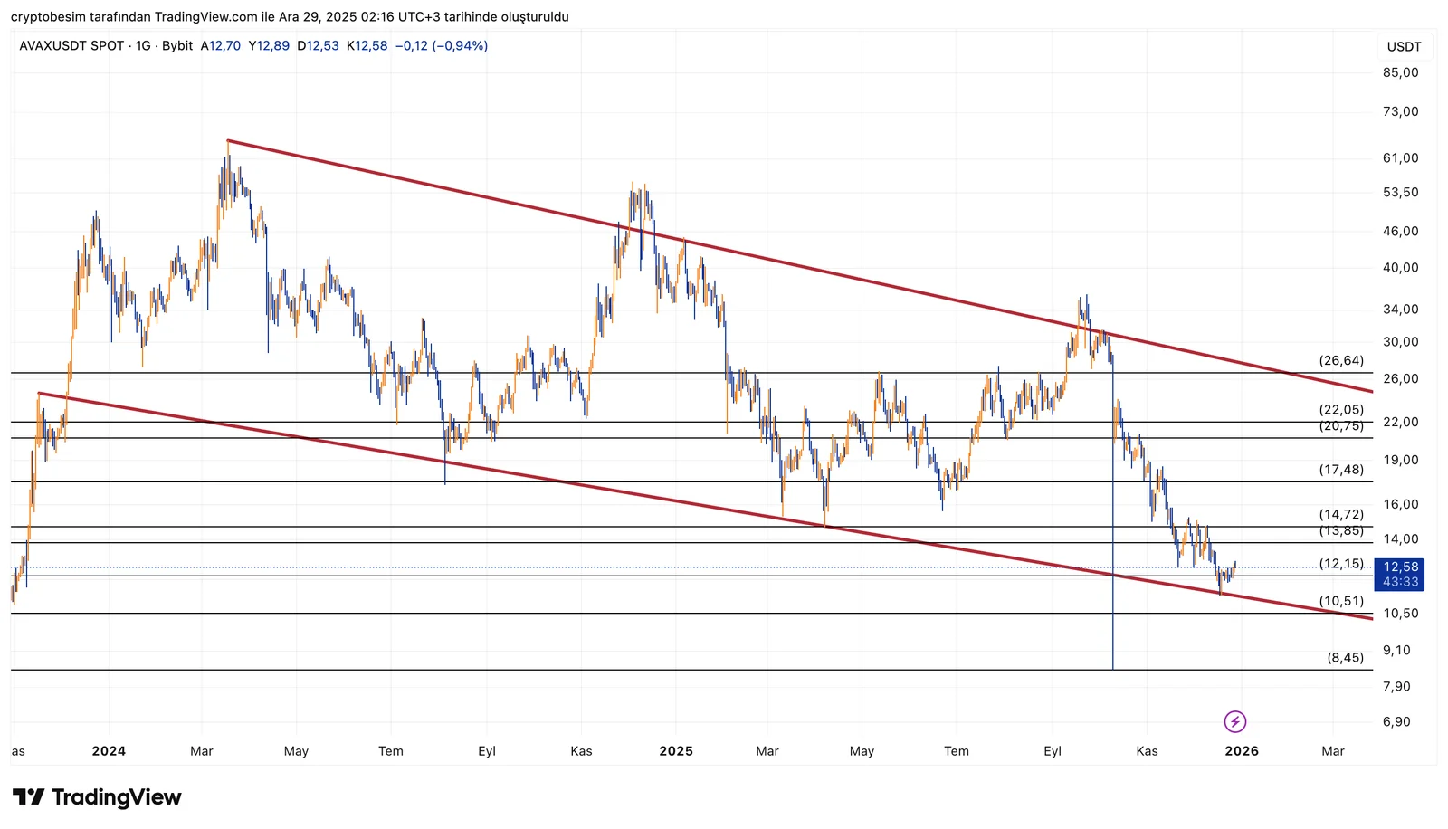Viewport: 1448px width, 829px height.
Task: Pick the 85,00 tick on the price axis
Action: tap(1400, 72)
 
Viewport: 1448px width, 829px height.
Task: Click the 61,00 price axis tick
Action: tap(1400, 157)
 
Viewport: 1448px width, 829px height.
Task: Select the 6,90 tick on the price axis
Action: tap(1396, 721)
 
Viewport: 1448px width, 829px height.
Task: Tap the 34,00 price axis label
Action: tap(1400, 309)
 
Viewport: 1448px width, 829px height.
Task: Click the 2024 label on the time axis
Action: tap(109, 750)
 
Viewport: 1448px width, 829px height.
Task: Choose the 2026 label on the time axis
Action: tap(1242, 750)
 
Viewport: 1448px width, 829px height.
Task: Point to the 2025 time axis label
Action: tap(676, 750)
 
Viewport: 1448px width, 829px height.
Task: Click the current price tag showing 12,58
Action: tap(1400, 567)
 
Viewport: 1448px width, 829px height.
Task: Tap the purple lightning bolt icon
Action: tap(1235, 721)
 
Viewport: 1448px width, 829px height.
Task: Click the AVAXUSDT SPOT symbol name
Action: tap(71, 45)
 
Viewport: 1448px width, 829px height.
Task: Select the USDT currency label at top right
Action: tap(1404, 46)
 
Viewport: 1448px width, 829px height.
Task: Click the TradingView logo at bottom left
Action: tap(98, 796)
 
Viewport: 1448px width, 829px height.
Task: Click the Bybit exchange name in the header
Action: tap(177, 45)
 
